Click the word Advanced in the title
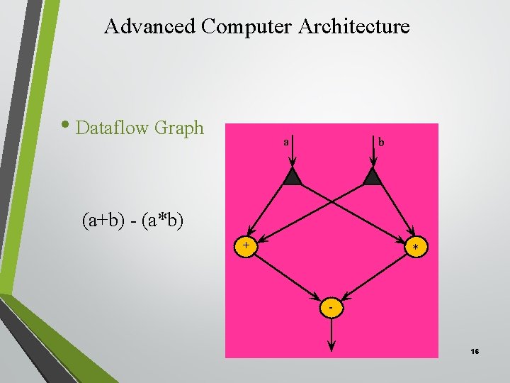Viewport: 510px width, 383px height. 149,27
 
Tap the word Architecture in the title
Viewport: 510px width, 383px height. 354,27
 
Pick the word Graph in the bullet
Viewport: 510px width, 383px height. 178,129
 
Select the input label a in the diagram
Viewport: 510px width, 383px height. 285,142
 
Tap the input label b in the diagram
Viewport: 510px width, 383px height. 381,142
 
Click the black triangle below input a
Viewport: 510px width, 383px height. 293,177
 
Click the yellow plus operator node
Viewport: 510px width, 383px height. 246,246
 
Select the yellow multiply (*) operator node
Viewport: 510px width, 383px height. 416,246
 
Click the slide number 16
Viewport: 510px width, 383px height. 475,352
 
